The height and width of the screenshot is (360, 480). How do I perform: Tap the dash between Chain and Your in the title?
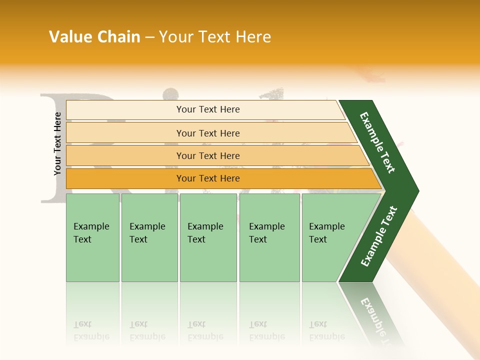coord(149,37)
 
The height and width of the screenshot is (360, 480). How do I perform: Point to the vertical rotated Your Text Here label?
coord(57,143)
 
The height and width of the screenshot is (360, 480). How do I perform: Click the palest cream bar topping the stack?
coord(205,110)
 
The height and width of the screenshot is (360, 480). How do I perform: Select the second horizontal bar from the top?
coord(210,133)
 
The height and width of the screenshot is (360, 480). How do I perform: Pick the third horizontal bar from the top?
coord(215,155)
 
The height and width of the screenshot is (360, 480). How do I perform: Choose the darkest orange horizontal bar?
coord(220,178)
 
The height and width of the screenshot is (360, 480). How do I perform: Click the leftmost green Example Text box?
coord(92,237)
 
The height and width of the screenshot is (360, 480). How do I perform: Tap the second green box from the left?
coord(149,237)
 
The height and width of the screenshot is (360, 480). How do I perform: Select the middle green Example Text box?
coord(208,237)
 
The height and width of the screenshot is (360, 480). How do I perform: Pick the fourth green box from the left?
coord(269,237)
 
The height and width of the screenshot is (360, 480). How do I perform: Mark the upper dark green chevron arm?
coord(378,142)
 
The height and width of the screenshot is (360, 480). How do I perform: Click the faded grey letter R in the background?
coord(52,150)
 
